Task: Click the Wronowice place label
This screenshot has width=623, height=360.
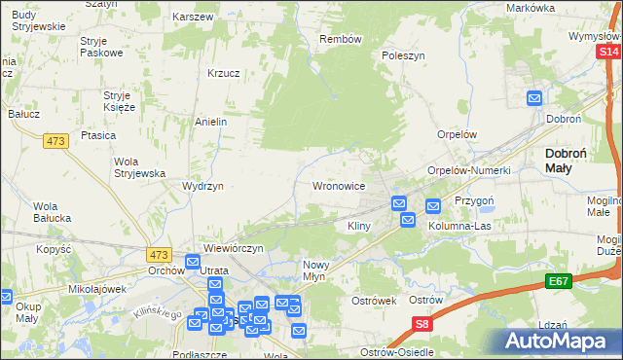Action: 338,185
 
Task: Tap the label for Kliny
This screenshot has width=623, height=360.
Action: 360,226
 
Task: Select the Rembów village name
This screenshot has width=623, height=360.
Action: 341,40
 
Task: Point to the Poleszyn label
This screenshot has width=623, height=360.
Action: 403,56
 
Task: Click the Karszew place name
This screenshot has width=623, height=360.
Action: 192,18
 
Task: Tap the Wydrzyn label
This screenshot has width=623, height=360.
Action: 203,185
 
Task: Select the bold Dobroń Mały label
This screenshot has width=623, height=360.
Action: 571,160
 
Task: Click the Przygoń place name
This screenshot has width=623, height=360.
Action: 475,196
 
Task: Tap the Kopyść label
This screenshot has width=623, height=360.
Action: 54,249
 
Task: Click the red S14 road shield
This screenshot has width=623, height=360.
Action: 608,53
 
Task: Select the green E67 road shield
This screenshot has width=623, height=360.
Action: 558,282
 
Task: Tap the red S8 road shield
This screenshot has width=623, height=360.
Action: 421,325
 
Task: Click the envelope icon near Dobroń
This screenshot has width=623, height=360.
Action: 534,97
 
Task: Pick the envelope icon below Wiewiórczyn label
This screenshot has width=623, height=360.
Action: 193,262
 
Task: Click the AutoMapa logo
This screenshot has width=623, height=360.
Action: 559,340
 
